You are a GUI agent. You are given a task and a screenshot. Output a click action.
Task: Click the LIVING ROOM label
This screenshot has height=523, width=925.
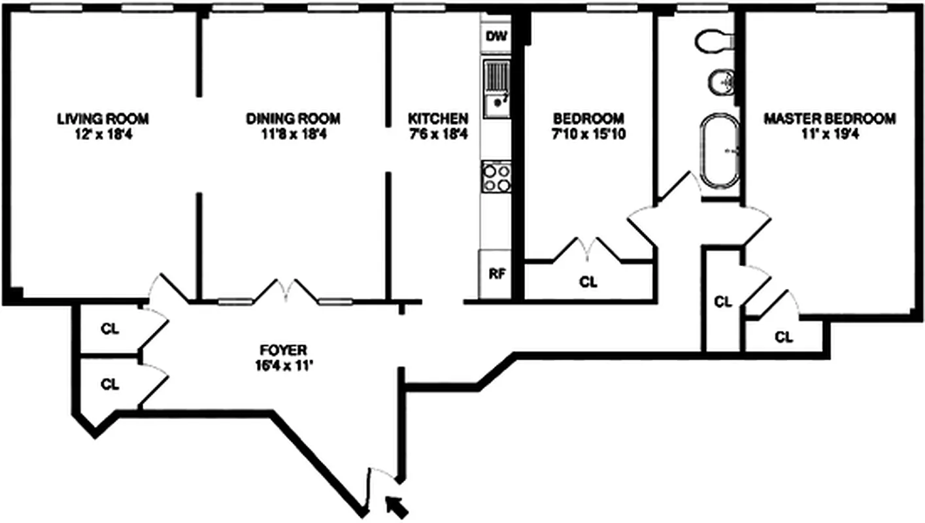pyautogui.click(x=103, y=119)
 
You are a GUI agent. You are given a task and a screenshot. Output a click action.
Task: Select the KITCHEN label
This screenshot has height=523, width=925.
pyautogui.click(x=438, y=119)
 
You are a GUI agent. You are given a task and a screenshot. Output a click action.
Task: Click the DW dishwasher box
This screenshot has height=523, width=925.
pyautogui.click(x=497, y=36)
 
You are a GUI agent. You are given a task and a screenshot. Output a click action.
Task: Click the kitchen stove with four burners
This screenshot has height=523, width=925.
pyautogui.click(x=497, y=177)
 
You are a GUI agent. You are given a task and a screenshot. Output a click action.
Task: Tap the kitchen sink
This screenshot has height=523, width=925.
pyautogui.click(x=497, y=88)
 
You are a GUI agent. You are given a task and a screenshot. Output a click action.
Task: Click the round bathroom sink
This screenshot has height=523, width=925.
pyautogui.click(x=722, y=82)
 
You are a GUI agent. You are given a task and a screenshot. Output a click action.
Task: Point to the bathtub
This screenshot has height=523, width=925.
pyautogui.click(x=721, y=150)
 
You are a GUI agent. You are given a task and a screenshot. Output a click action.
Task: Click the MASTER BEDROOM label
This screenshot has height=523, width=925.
pyautogui.click(x=830, y=119)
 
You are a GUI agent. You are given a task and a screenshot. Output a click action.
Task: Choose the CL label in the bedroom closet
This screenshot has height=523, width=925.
pyautogui.click(x=589, y=282)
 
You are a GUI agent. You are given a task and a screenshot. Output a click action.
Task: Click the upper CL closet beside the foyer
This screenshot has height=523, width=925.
pyautogui.click(x=110, y=329)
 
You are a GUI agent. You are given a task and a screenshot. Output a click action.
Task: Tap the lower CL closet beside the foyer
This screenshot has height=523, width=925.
pyautogui.click(x=110, y=384)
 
